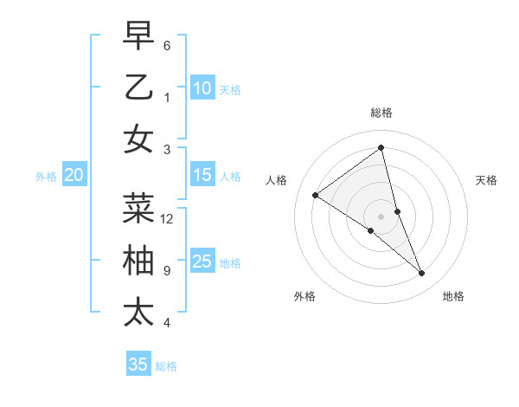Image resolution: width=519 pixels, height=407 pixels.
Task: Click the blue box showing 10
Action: (202, 88)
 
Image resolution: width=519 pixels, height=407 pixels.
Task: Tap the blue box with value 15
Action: (202, 175)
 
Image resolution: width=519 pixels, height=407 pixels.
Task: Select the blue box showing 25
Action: (202, 262)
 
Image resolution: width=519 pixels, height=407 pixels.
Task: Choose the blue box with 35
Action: (138, 365)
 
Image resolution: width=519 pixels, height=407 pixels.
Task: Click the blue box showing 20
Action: (74, 175)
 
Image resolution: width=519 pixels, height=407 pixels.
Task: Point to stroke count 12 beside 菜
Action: (167, 219)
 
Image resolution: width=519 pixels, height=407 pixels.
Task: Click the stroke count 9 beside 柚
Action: (167, 271)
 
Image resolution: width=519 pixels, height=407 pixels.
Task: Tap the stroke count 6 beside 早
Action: (167, 45)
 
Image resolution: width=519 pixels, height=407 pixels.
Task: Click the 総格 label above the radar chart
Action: (381, 113)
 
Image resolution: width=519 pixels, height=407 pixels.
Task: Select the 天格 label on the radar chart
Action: (486, 180)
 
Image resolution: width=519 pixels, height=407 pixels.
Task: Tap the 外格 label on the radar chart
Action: (304, 296)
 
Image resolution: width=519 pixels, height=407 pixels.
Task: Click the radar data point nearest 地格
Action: (422, 274)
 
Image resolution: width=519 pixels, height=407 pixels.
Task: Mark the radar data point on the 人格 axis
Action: (316, 195)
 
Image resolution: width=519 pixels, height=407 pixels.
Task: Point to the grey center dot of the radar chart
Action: (381, 216)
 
